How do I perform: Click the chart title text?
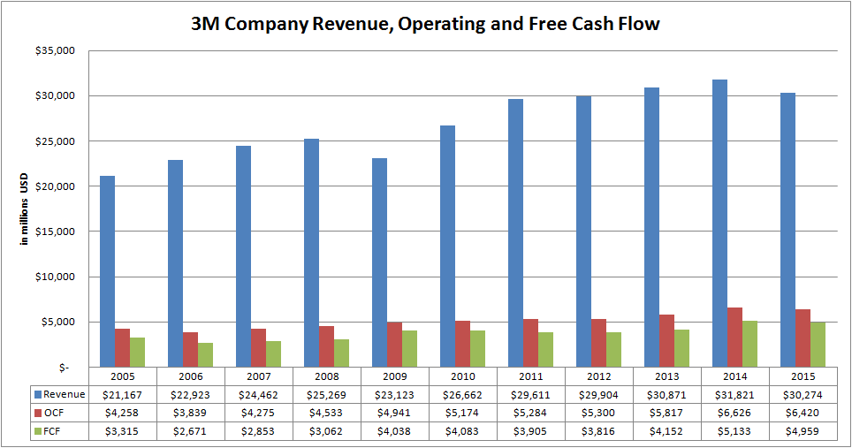(x=425, y=24)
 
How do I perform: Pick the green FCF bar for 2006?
(x=205, y=354)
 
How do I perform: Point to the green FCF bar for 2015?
(x=818, y=344)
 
